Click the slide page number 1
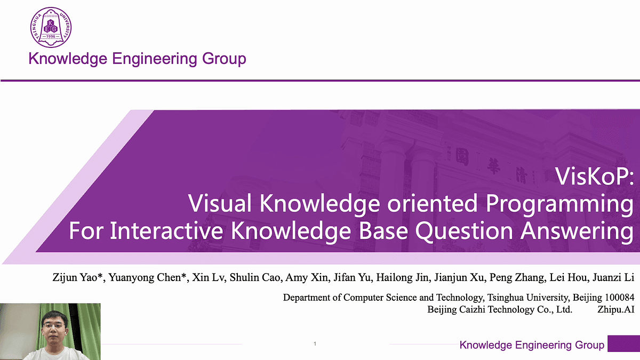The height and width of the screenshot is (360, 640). (315, 344)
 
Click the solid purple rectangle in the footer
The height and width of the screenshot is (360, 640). (623, 344)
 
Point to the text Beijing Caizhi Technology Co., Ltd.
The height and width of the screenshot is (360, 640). (500, 309)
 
